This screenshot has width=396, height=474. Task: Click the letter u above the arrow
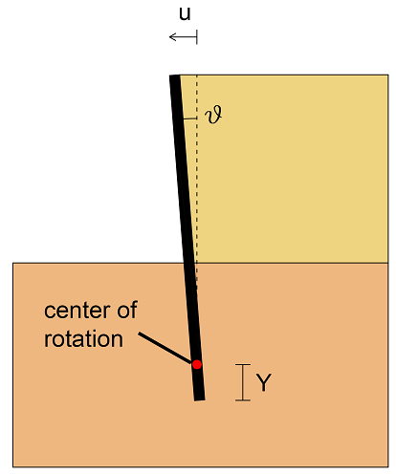tap(185, 14)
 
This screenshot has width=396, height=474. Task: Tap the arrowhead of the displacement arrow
tap(172, 37)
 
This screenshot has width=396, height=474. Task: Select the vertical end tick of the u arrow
tap(197, 37)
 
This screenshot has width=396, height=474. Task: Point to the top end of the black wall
tap(175, 75)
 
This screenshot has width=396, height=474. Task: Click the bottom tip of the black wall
tap(200, 399)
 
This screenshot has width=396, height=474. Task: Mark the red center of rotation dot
tap(197, 364)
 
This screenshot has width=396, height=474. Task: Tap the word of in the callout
tap(127, 310)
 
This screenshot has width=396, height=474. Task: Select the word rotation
tap(83, 339)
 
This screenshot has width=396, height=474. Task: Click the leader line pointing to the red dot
tap(165, 348)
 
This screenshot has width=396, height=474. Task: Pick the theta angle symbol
tap(213, 115)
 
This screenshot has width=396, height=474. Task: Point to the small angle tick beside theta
tap(190, 118)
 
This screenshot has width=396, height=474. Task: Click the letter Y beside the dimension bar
tap(264, 382)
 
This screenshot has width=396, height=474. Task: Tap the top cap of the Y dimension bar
tap(243, 364)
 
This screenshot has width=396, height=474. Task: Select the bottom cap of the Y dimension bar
tap(243, 399)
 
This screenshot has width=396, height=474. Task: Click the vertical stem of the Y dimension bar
tap(243, 382)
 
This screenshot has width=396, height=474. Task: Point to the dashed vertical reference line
tap(197, 179)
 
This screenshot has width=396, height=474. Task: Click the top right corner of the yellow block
tap(388, 75)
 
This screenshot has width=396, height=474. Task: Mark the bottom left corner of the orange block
tap(13, 467)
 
